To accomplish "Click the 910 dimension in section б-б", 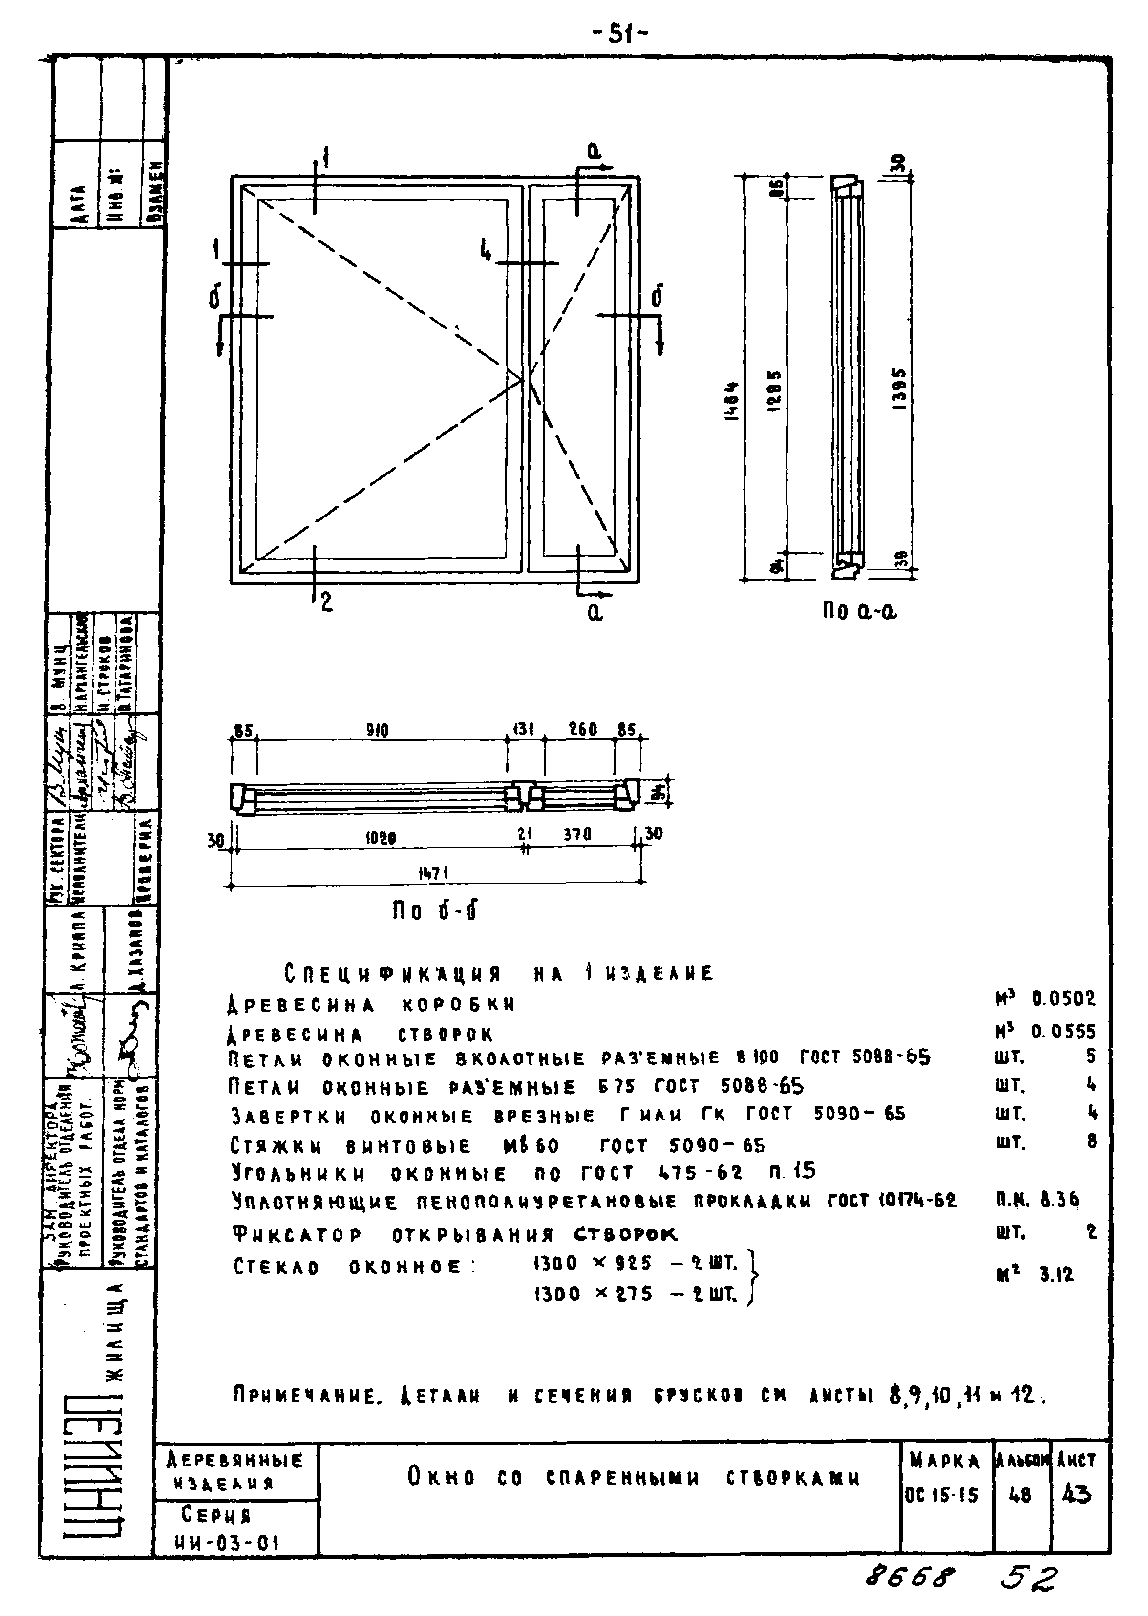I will click(x=378, y=730).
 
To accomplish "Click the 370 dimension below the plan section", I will click(x=577, y=835).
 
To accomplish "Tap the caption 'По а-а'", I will click(x=858, y=611).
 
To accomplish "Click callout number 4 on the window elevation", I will click(x=486, y=250).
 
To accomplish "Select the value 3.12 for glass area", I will click(x=1056, y=1274).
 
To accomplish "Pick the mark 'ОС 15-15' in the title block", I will click(x=941, y=1495).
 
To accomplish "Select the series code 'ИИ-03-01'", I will click(x=226, y=1542).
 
